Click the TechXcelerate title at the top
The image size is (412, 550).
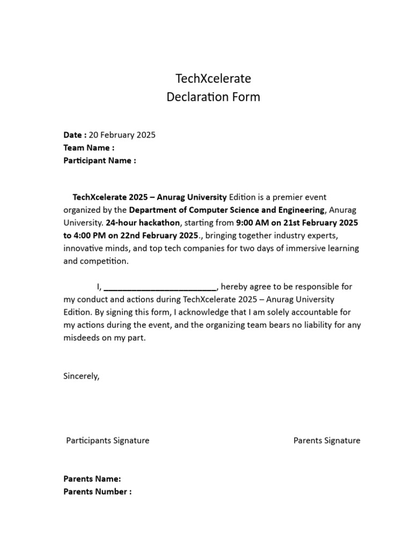[214, 78]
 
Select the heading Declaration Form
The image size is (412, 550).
[214, 97]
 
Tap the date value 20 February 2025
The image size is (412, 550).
[122, 135]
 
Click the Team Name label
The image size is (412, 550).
[89, 148]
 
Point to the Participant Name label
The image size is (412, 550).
[99, 161]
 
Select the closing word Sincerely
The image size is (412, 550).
[82, 376]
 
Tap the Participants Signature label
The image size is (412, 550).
[108, 440]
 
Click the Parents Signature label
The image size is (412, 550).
[327, 440]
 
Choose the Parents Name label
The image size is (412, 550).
[92, 479]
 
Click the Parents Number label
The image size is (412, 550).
[97, 491]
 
